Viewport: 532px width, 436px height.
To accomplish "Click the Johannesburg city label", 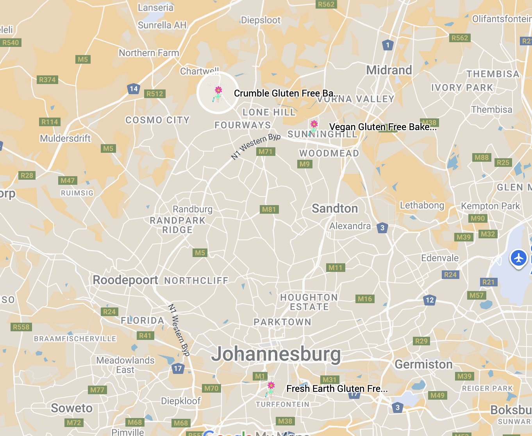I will [276, 354].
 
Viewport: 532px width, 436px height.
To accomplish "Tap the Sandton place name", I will [335, 209].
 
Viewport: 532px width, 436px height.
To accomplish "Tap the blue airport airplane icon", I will [519, 258].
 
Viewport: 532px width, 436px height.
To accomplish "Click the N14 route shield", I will [134, 89].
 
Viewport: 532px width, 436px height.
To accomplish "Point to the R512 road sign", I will [155, 94].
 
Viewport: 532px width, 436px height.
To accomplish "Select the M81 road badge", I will [269, 209].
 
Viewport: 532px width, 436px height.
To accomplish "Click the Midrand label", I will [389, 70].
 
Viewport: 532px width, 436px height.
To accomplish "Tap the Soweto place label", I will [72, 408].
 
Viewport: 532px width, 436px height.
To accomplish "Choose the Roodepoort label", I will [125, 280].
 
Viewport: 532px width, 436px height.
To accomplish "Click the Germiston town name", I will [423, 365].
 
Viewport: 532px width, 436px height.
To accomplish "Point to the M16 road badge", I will [365, 299].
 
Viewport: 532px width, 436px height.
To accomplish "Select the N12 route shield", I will [429, 300].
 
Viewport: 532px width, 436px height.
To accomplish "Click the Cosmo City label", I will [157, 120].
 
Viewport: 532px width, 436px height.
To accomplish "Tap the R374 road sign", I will [47, 80].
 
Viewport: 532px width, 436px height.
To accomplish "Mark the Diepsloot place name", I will [261, 20].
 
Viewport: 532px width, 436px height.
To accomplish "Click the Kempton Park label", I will [490, 206].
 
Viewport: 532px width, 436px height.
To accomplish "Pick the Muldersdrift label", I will [65, 139].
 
